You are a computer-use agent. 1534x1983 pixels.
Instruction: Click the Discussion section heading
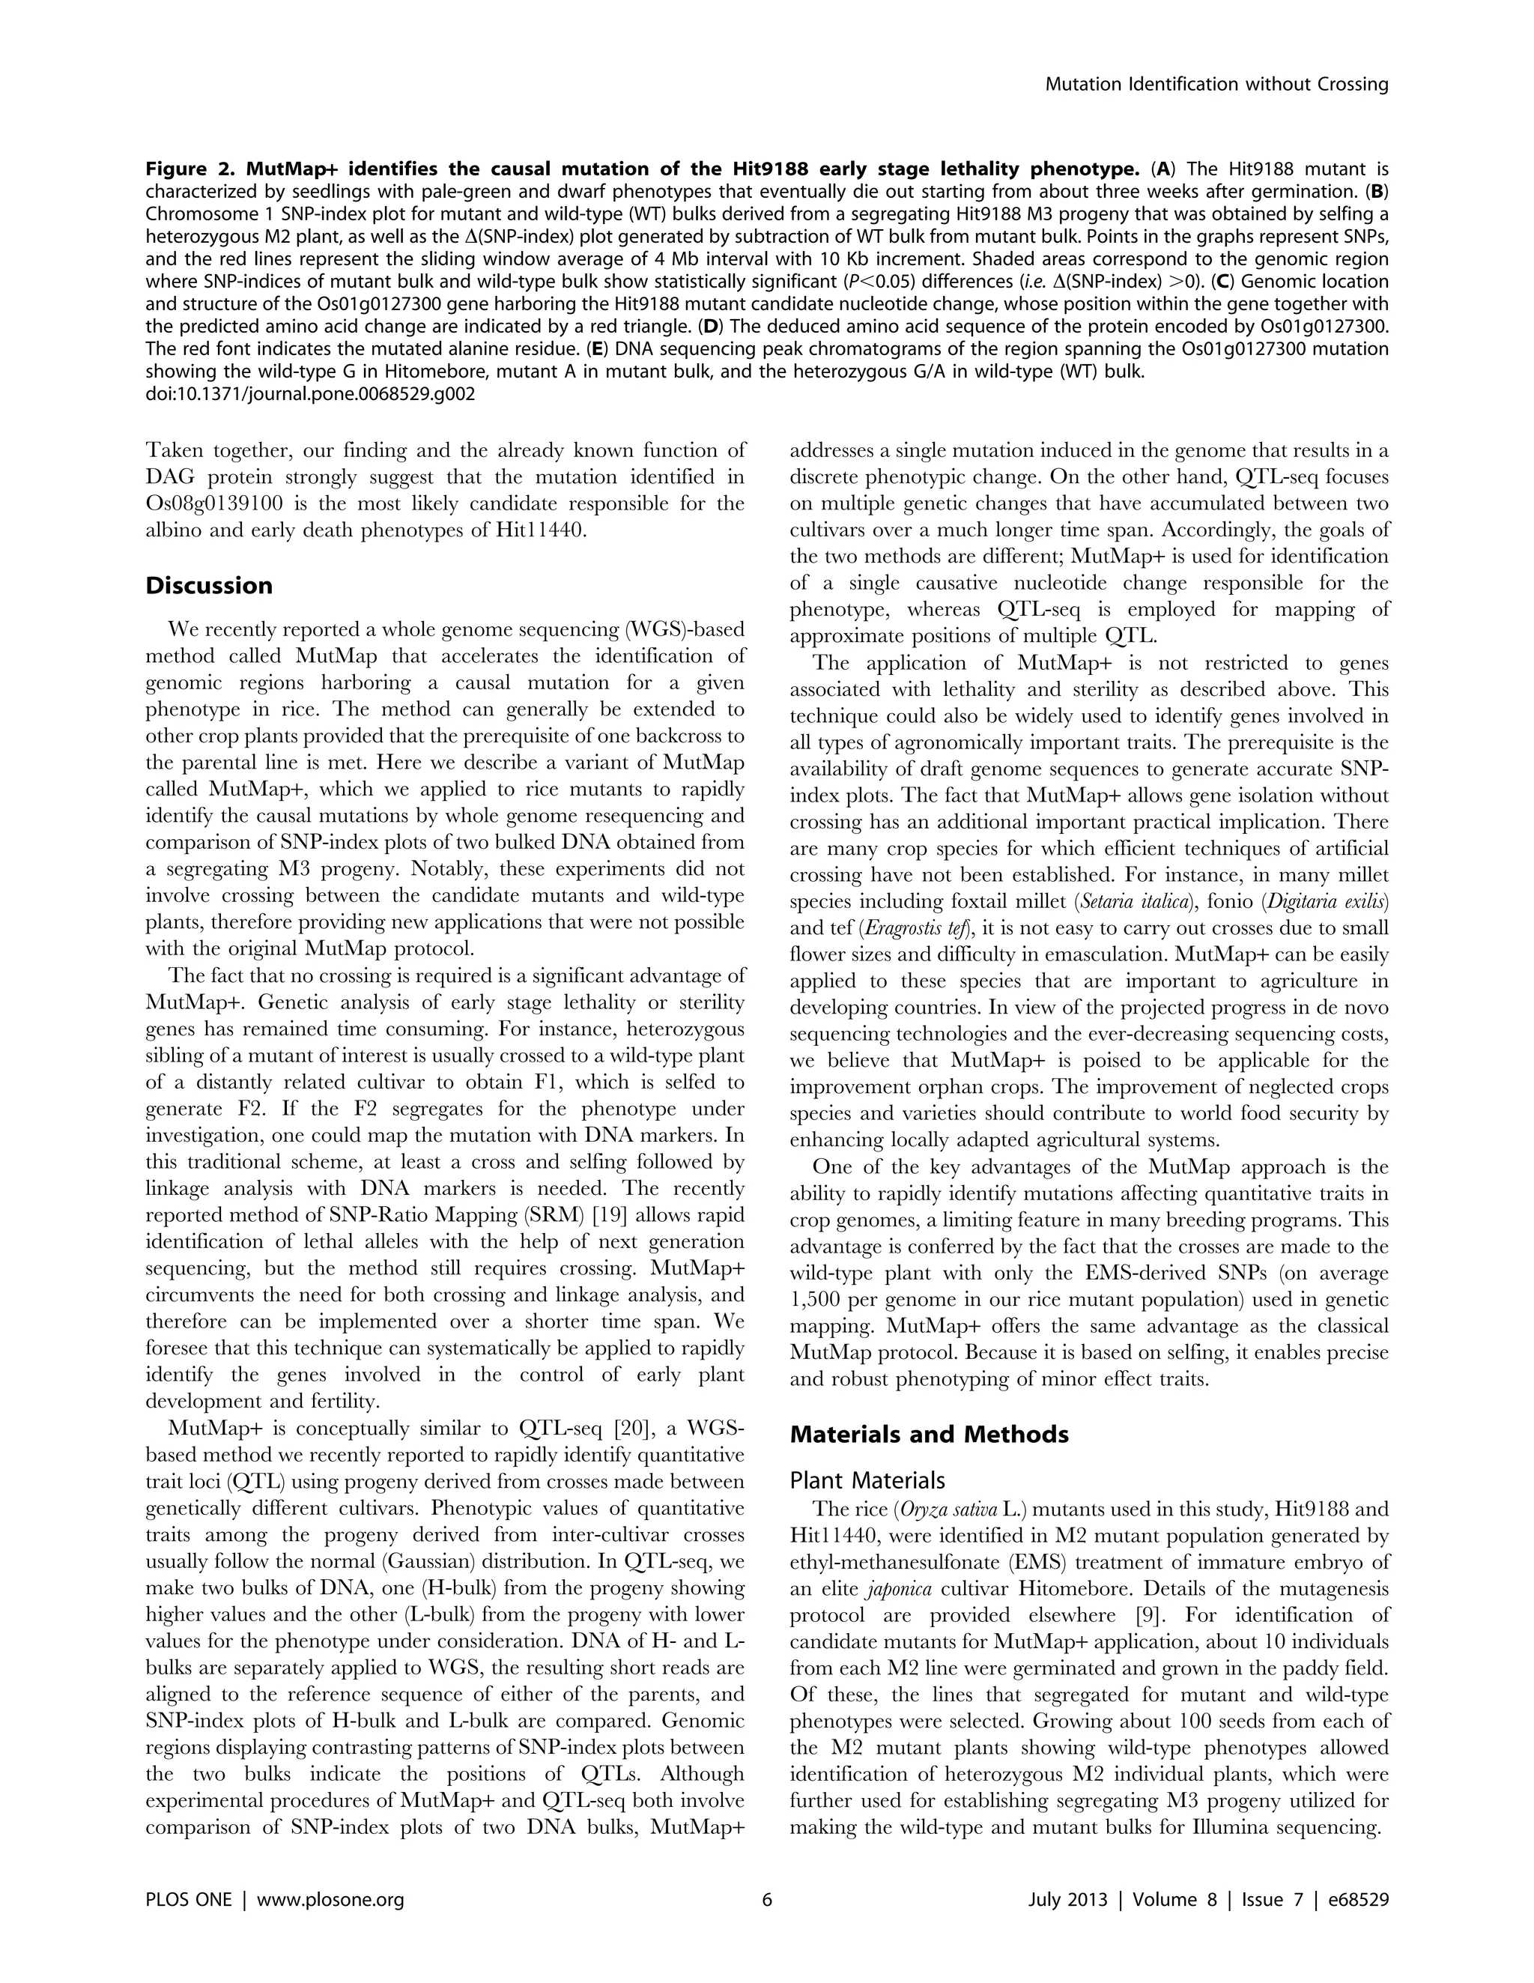point(209,586)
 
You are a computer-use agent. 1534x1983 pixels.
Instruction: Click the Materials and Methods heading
point(929,1435)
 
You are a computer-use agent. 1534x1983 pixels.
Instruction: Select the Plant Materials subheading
point(866,1481)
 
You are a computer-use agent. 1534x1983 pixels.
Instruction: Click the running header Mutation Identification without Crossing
point(1216,85)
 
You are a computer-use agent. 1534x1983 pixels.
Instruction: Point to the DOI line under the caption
point(310,394)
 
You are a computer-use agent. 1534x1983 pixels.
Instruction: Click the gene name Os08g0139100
point(219,504)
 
